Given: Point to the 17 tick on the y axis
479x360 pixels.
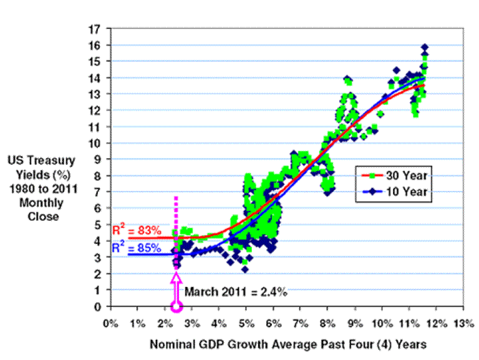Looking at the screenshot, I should [95, 29].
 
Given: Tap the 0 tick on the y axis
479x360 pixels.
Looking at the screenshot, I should [98, 306].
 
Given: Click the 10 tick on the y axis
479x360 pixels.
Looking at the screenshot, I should [95, 144].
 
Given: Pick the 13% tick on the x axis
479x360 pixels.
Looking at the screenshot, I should [463, 324].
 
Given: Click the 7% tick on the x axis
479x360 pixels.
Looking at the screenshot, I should [300, 324].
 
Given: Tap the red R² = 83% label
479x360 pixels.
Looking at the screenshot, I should [133, 231].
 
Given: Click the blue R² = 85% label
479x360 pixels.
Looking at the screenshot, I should [133, 248].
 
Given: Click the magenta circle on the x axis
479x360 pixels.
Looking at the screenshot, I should [177, 306].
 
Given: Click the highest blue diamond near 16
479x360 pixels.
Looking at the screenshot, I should [424, 47].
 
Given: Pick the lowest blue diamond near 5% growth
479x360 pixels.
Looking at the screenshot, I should [245, 269].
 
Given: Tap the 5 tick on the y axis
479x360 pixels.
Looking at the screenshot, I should [98, 225].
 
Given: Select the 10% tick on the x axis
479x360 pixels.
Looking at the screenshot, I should [380, 324].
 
